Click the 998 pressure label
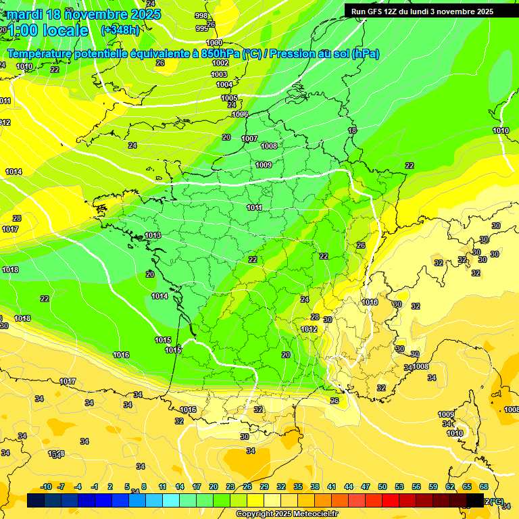pos(201,16)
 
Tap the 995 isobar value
pos(202,28)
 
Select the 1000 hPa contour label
pos(214,43)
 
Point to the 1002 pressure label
pos(220,63)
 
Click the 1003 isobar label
pos(219,74)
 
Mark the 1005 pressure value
pos(229,98)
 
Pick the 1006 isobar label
pos(240,114)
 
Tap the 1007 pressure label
pos(249,139)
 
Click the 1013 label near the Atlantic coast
pos(153,235)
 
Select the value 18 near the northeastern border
pos(352,130)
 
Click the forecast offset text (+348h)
pos(120,30)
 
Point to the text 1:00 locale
pos(47,30)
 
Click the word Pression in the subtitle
pos(293,53)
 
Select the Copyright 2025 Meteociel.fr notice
pos(287,514)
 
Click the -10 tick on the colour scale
pos(46,487)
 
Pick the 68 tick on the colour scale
pos(484,487)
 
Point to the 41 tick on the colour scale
pos(332,487)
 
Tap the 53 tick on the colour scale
pos(399,487)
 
